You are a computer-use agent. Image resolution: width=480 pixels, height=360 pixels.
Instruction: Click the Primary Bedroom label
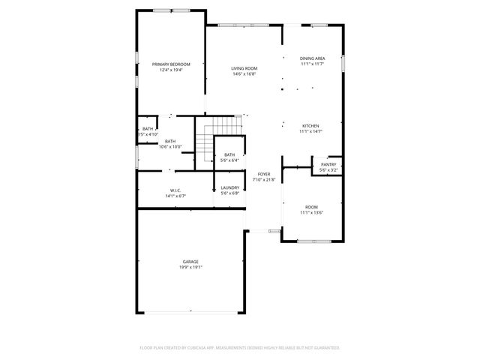click(x=171, y=64)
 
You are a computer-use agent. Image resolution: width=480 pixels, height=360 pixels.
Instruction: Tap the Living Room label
click(x=244, y=68)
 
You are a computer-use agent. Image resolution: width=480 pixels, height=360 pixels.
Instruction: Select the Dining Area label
click(x=312, y=58)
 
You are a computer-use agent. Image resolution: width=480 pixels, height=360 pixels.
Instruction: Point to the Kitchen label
click(x=310, y=125)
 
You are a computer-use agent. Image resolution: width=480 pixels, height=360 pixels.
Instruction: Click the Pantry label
click(x=328, y=164)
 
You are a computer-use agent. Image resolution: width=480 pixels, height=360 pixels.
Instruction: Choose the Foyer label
click(x=264, y=174)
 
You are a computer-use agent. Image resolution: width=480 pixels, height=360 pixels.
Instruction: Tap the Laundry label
click(x=229, y=187)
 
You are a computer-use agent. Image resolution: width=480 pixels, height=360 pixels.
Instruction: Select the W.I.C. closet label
click(x=175, y=190)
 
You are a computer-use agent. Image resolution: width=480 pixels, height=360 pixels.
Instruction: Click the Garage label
click(x=190, y=261)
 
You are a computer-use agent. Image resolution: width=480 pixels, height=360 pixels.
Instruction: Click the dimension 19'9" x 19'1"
click(x=190, y=267)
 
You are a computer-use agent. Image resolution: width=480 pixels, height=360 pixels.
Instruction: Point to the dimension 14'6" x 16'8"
click(x=244, y=74)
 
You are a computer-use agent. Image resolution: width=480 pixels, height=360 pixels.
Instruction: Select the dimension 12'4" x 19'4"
click(x=171, y=70)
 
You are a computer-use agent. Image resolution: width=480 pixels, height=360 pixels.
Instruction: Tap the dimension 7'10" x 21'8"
click(x=264, y=180)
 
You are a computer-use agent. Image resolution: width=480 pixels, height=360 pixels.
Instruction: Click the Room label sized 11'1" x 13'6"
click(x=310, y=206)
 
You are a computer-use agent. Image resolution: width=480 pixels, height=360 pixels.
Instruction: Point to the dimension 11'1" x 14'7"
click(x=310, y=131)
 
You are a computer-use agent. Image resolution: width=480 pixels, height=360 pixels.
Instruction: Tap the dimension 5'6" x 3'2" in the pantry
click(x=328, y=170)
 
